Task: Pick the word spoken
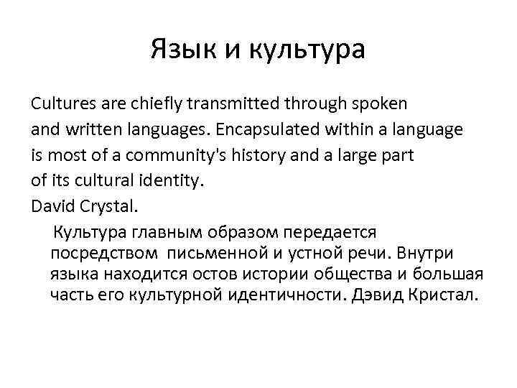click(x=364, y=104)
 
